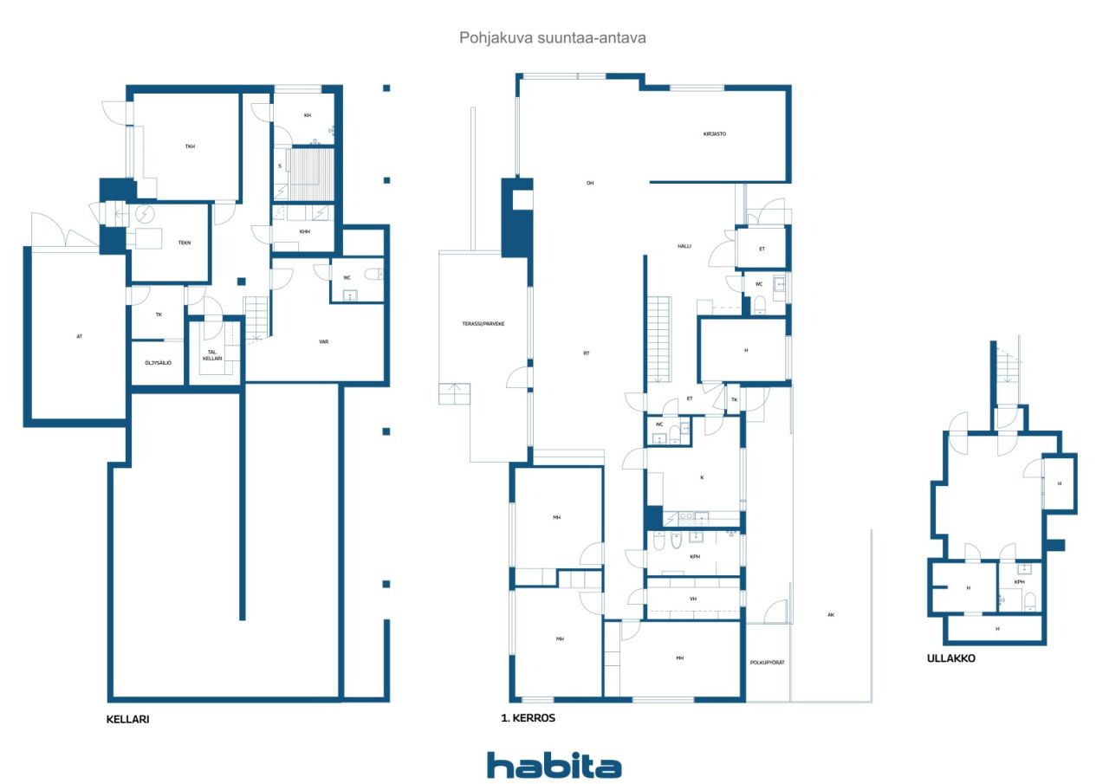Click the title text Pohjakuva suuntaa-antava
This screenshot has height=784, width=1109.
(553, 38)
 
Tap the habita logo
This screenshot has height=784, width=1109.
(554, 765)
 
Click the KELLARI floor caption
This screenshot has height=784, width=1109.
(127, 719)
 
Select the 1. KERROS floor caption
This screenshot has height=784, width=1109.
(529, 717)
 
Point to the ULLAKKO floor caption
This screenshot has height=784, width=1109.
(951, 658)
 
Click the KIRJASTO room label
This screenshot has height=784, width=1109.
(715, 133)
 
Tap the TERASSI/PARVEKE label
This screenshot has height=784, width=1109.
(483, 324)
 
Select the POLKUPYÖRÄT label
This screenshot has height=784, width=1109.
(767, 662)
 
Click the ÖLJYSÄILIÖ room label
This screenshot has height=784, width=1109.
(158, 363)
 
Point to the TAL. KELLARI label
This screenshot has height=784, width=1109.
(212, 355)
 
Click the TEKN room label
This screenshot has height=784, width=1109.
(185, 243)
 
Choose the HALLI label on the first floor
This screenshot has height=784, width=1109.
(684, 246)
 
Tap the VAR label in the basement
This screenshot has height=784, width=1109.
(324, 341)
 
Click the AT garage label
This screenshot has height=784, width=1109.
(79, 337)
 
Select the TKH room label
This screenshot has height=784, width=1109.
(190, 146)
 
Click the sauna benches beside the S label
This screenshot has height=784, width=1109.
(311, 174)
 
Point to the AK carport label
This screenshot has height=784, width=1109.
(831, 615)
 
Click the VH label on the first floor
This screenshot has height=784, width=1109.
(693, 599)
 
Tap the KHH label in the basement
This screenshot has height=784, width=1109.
(304, 231)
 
